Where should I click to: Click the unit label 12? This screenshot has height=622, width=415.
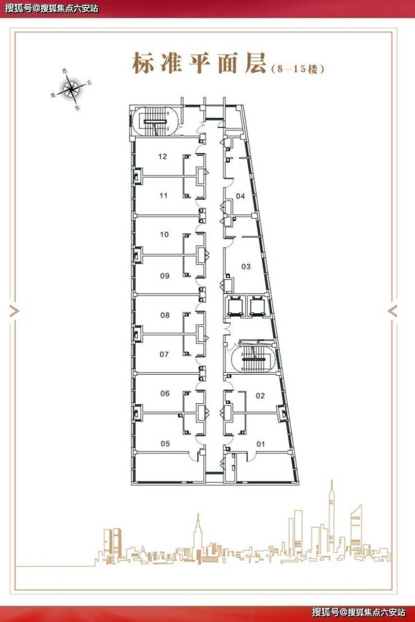(162, 156)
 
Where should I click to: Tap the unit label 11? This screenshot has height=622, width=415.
(163, 196)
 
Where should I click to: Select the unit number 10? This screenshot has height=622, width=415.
(164, 234)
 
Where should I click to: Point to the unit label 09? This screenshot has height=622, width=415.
(165, 276)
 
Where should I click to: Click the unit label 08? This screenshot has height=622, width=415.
(165, 315)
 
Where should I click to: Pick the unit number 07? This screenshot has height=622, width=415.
(164, 354)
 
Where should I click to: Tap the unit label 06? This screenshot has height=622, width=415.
(165, 394)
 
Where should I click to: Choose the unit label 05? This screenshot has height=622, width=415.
(165, 444)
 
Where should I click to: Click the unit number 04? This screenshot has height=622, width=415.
(241, 196)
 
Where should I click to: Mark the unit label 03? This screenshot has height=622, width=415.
(246, 266)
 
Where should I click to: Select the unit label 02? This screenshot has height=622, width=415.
(260, 395)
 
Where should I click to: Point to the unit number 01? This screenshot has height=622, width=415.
(260, 444)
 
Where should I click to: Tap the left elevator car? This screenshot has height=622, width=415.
(233, 306)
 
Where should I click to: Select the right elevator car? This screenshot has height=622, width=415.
(257, 306)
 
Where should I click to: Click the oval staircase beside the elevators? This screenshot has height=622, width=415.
(251, 359)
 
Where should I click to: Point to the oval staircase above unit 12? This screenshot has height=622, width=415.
(156, 122)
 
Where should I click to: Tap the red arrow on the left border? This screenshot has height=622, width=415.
(13, 311)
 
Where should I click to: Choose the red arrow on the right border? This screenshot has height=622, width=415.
(393, 311)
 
